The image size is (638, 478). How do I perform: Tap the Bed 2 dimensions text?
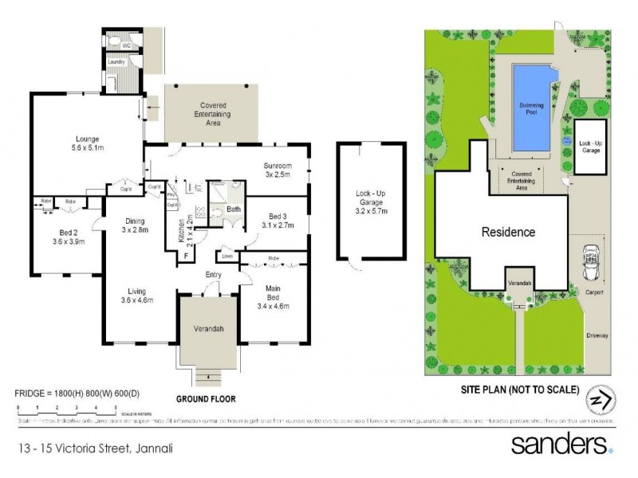coord(68,241)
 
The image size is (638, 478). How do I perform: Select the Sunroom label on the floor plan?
coord(278,166)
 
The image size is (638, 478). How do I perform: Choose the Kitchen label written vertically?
coord(182,230)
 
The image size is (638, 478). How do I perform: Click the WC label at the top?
coord(127,45)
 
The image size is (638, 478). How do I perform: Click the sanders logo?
coord(561,444)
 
